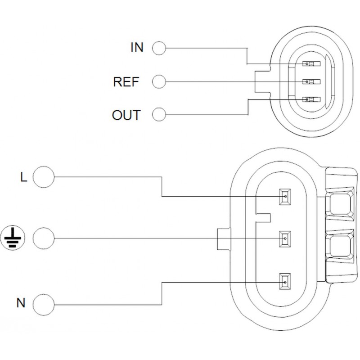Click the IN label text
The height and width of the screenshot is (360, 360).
point(136,47)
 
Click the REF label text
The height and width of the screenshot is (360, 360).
point(126,81)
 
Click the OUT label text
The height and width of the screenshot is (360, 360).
point(126,115)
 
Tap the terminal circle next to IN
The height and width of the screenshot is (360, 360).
point(159,47)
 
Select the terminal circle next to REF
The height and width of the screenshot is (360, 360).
point(159,81)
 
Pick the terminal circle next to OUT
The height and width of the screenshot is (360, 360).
point(159,115)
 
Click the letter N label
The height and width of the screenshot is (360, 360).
point(21,303)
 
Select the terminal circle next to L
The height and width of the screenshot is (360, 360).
point(44,176)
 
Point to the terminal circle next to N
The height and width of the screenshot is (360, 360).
point(44,303)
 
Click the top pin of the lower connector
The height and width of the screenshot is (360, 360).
point(284,196)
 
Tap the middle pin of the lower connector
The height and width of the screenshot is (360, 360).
point(284,238)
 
